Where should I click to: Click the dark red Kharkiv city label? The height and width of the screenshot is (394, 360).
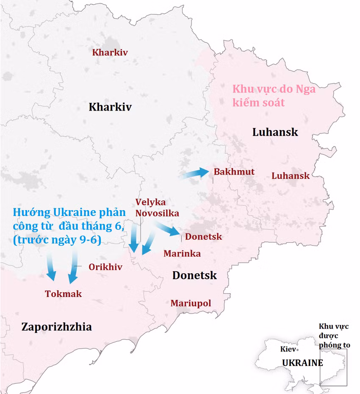[x=110, y=53]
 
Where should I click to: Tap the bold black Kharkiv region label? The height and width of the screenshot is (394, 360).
[x=110, y=107]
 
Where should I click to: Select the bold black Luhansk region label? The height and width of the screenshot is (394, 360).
[x=275, y=132]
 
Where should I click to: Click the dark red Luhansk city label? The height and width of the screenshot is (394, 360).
[x=291, y=175]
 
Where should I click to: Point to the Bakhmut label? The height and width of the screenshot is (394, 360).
[x=234, y=172]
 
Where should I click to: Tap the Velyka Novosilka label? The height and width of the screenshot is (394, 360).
[x=157, y=208]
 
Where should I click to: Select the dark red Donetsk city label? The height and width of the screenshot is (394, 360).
[x=203, y=236]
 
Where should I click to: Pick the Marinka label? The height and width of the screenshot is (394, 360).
[x=182, y=253]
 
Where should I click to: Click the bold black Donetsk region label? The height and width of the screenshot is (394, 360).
[x=194, y=275]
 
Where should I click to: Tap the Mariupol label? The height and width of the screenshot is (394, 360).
[x=191, y=303]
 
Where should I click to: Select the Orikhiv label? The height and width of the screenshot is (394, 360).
[x=105, y=267]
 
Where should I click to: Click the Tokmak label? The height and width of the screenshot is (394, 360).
[x=64, y=294]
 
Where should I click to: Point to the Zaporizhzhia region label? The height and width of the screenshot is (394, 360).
[x=56, y=327]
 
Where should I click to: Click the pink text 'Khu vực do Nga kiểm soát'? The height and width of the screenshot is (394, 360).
[x=274, y=96]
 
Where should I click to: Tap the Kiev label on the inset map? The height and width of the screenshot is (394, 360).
[x=288, y=349]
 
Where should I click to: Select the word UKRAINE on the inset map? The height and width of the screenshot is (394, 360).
[x=302, y=363]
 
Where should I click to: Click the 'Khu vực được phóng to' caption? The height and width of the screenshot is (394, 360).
[x=334, y=336]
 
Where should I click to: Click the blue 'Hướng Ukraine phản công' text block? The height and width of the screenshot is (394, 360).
[x=69, y=226]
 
